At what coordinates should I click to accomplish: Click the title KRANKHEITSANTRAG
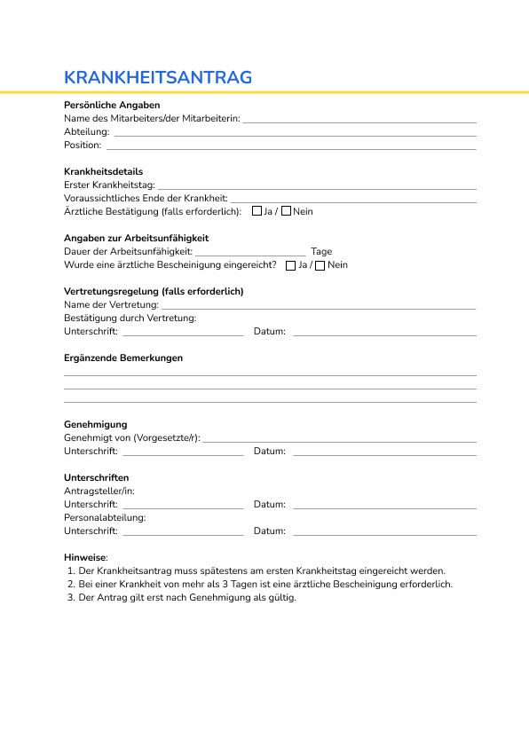[158, 77]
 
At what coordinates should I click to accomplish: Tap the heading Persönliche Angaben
[112, 105]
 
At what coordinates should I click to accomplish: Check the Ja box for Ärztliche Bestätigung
[257, 211]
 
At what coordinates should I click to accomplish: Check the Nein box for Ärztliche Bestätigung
[286, 211]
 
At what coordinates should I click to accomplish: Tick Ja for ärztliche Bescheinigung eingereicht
[291, 265]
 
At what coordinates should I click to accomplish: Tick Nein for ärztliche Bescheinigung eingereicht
[320, 265]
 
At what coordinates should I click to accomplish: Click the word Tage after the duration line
[321, 252]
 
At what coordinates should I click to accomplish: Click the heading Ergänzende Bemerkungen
[123, 358]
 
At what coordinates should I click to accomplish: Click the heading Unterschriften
[96, 477]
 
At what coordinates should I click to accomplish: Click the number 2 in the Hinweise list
[70, 585]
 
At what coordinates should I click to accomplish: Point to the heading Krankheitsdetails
[103, 171]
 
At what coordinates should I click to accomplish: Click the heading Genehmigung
[96, 425]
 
